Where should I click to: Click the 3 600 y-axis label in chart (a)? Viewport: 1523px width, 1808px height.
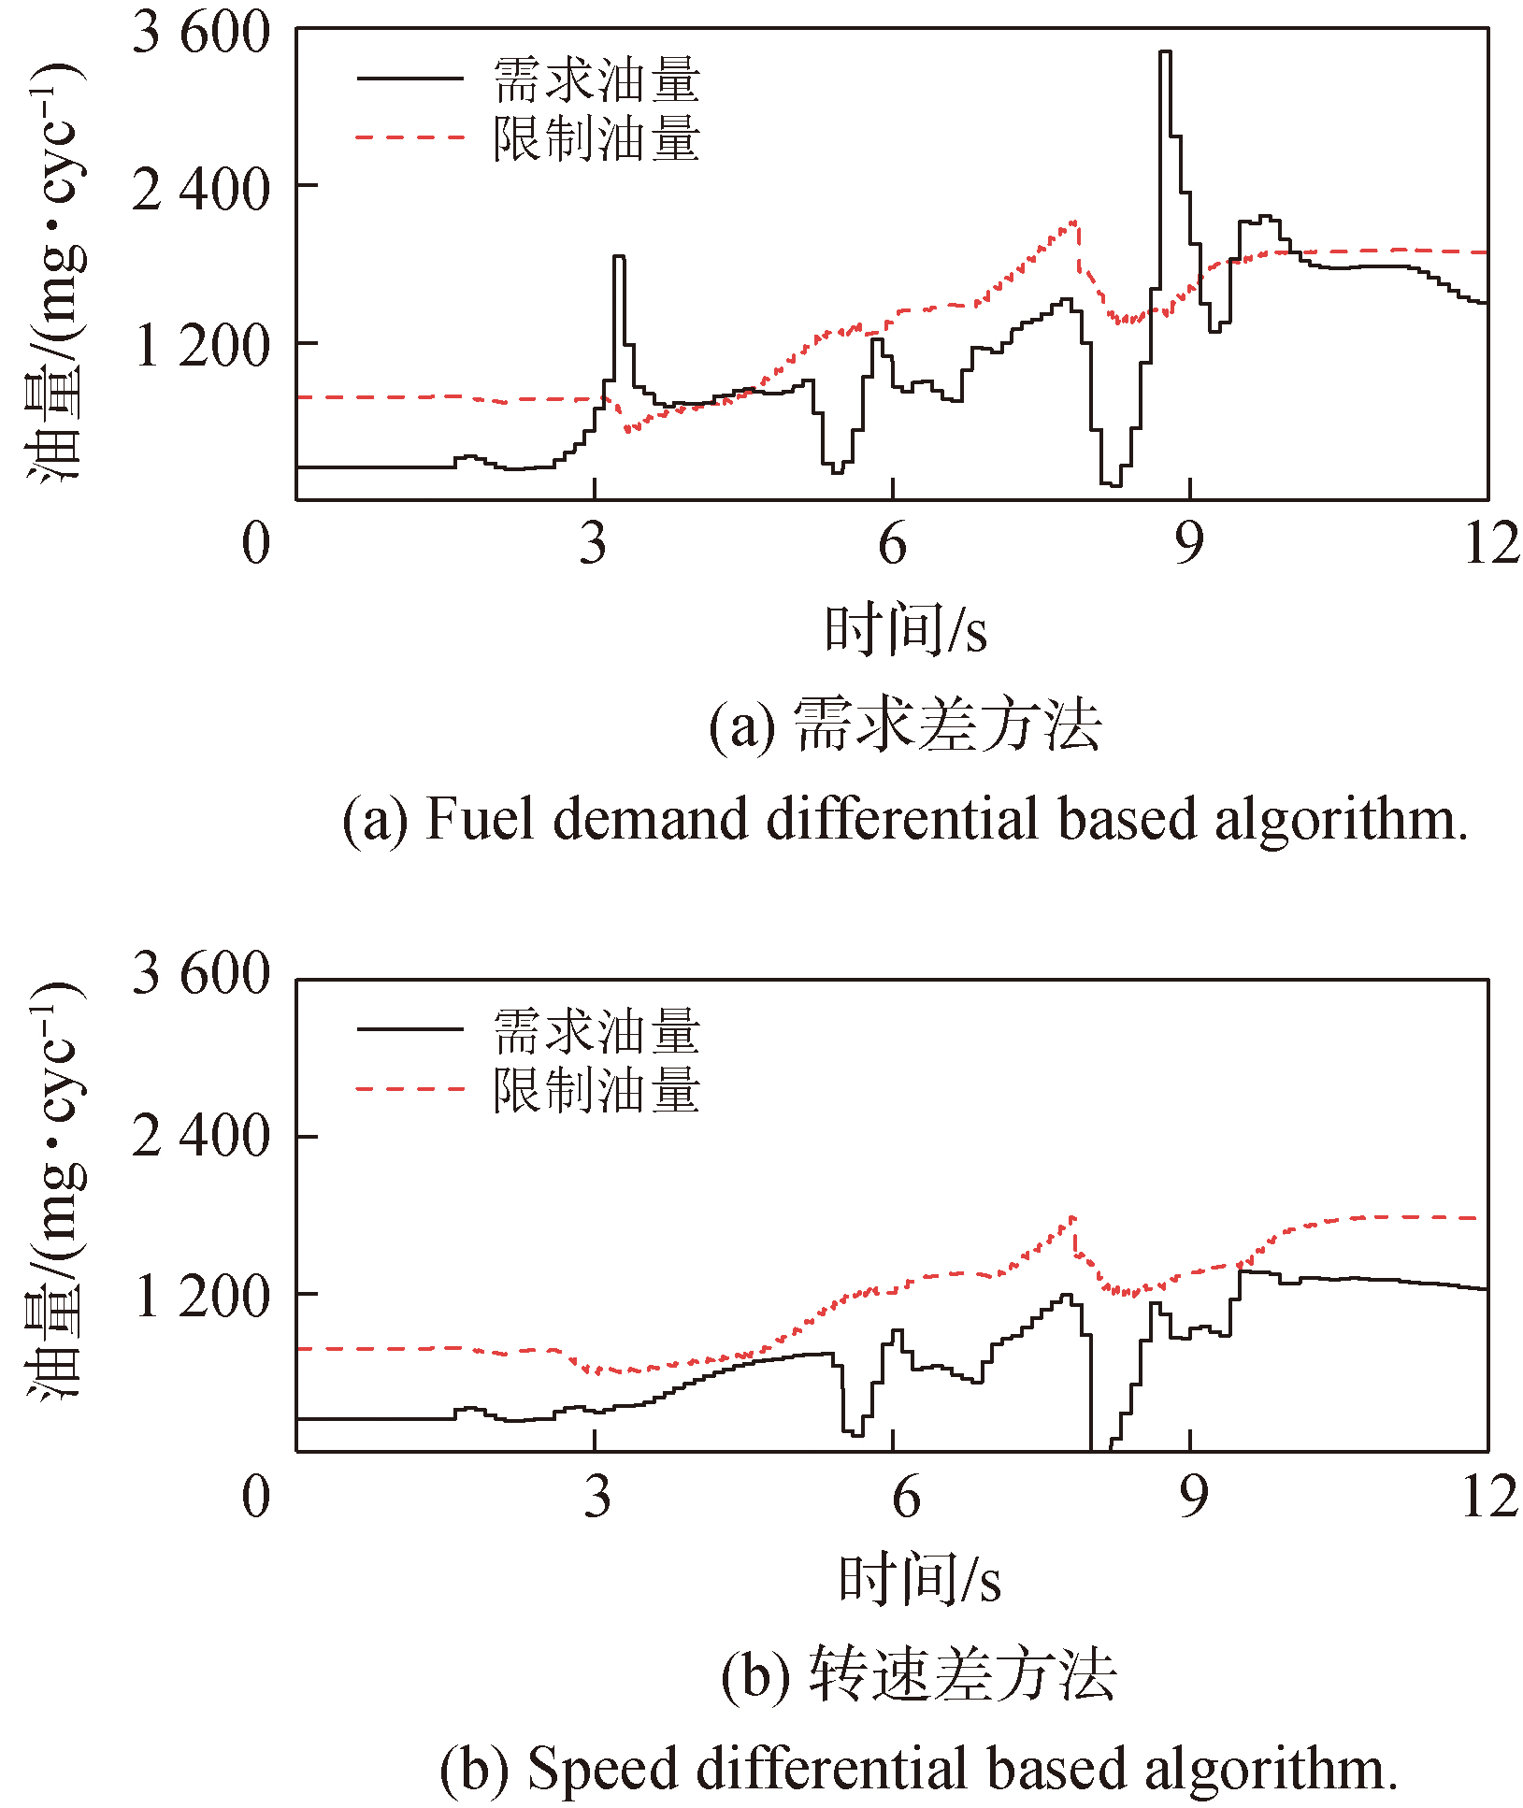[x=201, y=34]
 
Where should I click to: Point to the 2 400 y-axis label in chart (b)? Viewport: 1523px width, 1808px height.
[x=201, y=1137]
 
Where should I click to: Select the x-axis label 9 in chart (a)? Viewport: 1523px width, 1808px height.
[x=1189, y=544]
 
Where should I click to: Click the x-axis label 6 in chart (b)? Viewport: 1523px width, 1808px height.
[x=905, y=1497]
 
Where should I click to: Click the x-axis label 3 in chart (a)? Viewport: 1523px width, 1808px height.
[x=594, y=544]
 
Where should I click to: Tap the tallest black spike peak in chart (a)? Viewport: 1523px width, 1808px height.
[x=1165, y=52]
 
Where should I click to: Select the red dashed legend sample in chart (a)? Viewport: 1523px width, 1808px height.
[x=409, y=137]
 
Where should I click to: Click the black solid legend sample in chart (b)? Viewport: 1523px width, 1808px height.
[x=409, y=1029]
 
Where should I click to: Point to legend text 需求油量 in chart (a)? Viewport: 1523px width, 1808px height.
[x=596, y=79]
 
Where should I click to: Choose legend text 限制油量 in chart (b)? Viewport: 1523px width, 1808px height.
[x=596, y=1090]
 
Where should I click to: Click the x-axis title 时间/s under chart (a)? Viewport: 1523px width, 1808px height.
[x=905, y=630]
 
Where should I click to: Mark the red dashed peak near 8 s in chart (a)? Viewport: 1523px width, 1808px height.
[x=1075, y=222]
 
